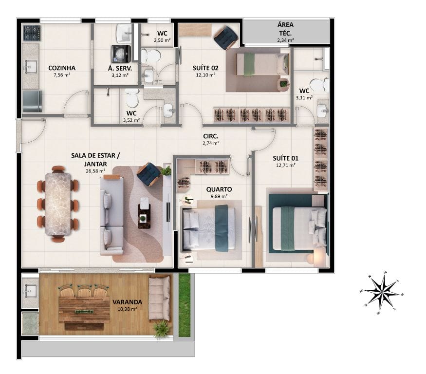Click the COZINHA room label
[x=62, y=68]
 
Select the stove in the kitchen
[x=31, y=33]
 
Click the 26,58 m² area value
[x=95, y=171]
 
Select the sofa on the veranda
[x=159, y=298]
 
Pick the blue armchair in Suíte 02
[x=226, y=38]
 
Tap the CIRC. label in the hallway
[x=211, y=136]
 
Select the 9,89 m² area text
[x=219, y=196]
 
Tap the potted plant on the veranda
[x=161, y=329]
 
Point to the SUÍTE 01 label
[x=285, y=158]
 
